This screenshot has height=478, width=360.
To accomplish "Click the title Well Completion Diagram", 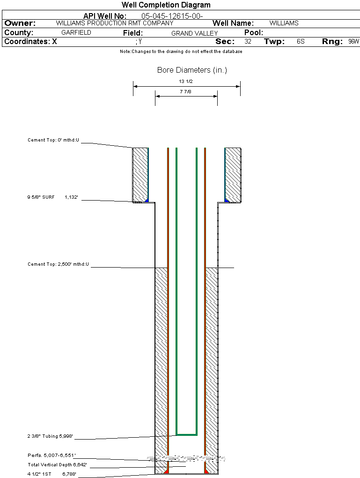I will click(x=166, y=5).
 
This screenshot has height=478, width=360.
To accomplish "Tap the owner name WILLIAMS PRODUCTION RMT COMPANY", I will click(x=114, y=23).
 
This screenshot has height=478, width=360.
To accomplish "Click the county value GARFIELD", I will click(x=76, y=33).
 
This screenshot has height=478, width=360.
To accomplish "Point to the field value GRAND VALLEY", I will click(x=194, y=33).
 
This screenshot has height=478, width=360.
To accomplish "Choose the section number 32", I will click(x=248, y=42).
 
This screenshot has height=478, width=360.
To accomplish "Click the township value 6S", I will click(x=301, y=42).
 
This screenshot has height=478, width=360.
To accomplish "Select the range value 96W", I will click(x=353, y=42).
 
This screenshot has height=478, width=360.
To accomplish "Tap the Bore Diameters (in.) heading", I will click(x=192, y=70).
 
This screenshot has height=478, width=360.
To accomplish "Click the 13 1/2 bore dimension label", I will click(x=186, y=82).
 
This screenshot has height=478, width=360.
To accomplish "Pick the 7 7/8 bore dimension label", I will click(x=186, y=92).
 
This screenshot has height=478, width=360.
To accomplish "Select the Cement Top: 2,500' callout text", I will click(x=58, y=264).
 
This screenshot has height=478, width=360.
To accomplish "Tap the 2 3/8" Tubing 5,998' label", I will click(x=50, y=436).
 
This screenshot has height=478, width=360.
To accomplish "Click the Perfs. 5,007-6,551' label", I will click(x=51, y=455).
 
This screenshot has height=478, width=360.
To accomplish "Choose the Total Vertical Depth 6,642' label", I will click(x=58, y=464).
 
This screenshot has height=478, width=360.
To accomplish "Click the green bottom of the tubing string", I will click(x=186, y=434).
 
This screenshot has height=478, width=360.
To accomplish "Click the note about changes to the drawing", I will click(x=181, y=52).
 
